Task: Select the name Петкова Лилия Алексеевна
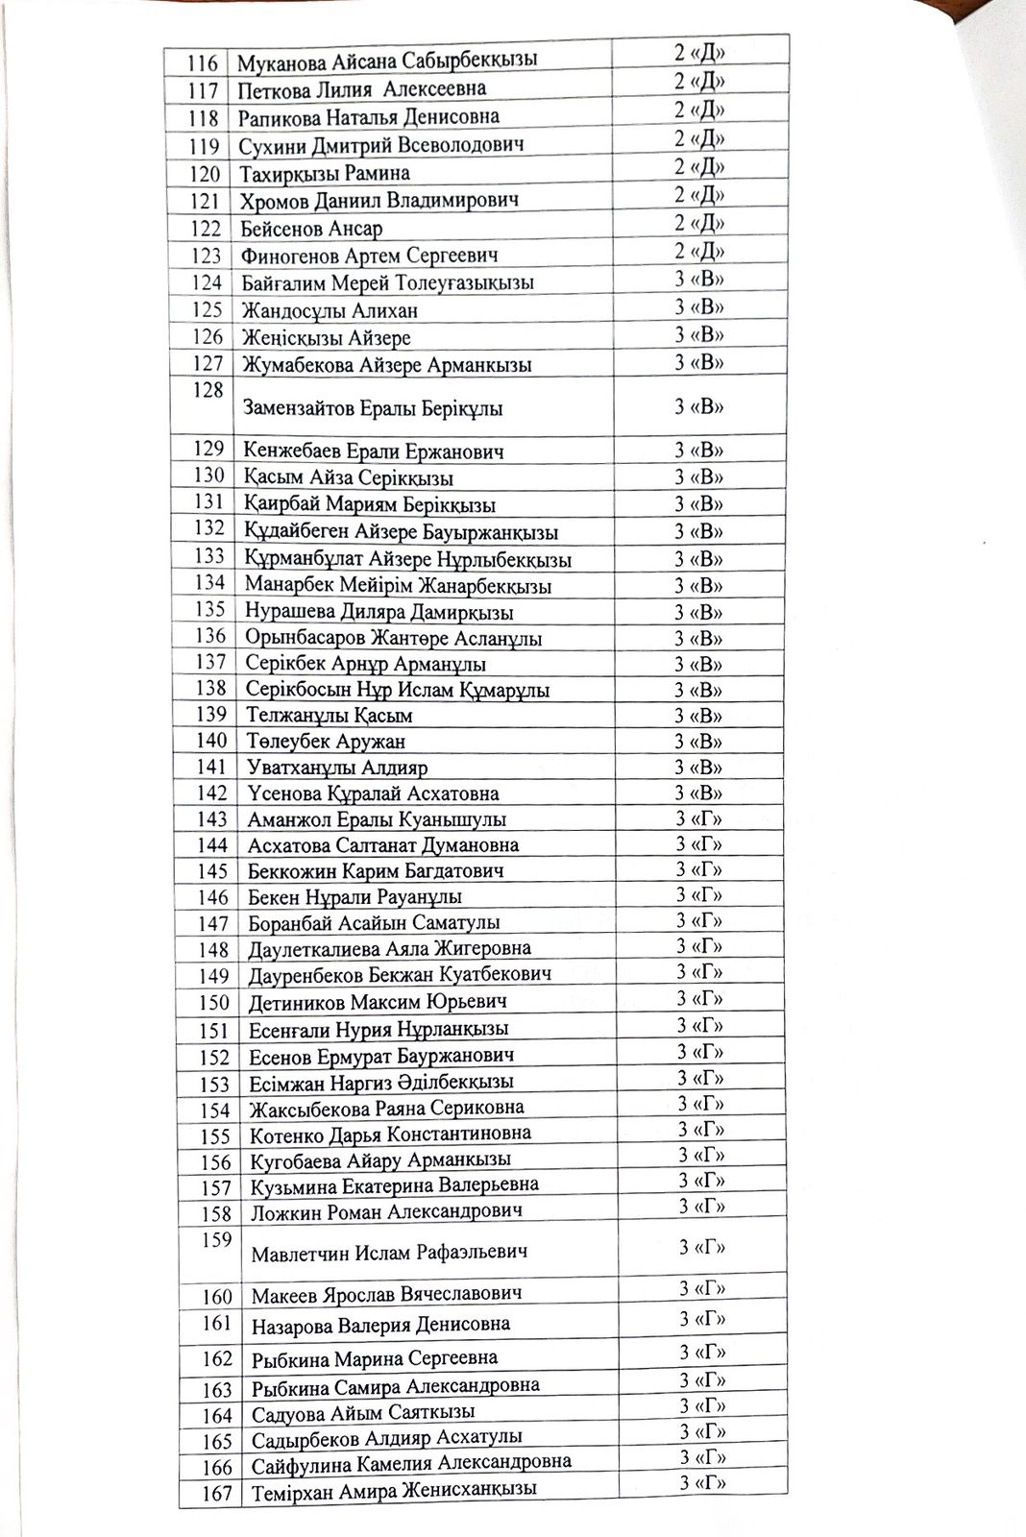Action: pos(361,89)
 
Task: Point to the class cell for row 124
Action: pos(698,281)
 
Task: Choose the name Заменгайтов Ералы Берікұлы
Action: pos(374,408)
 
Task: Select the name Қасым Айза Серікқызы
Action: pos(349,478)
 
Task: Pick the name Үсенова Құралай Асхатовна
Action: pos(373,793)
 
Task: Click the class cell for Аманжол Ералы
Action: pos(698,818)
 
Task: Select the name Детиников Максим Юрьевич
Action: pos(379,1002)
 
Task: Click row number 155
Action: pos(215,1136)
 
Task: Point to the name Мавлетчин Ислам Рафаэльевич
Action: pos(389,1253)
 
